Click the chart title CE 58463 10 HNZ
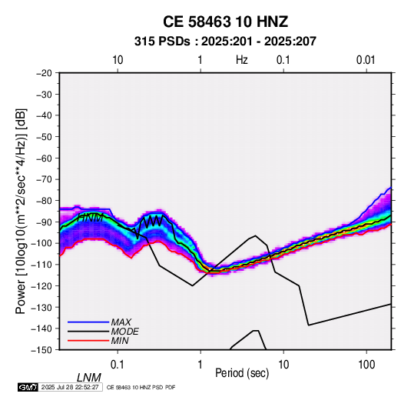(225, 22)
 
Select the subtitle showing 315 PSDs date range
(225, 42)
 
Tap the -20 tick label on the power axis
(44, 73)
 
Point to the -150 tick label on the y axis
(42, 350)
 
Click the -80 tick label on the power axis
(44, 201)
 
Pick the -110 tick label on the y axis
(42, 265)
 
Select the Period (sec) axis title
(242, 373)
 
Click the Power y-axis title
(21, 211)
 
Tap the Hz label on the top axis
(242, 60)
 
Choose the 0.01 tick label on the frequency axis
(366, 60)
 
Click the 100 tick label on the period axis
(366, 365)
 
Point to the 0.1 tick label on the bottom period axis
(118, 365)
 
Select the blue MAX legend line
(88, 322)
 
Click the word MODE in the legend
(124, 332)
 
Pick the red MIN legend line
(88, 341)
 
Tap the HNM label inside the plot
(91, 218)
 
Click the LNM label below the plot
(89, 378)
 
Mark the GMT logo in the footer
(28, 387)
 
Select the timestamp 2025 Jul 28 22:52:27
(70, 387)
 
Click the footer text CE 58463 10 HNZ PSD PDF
(141, 388)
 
